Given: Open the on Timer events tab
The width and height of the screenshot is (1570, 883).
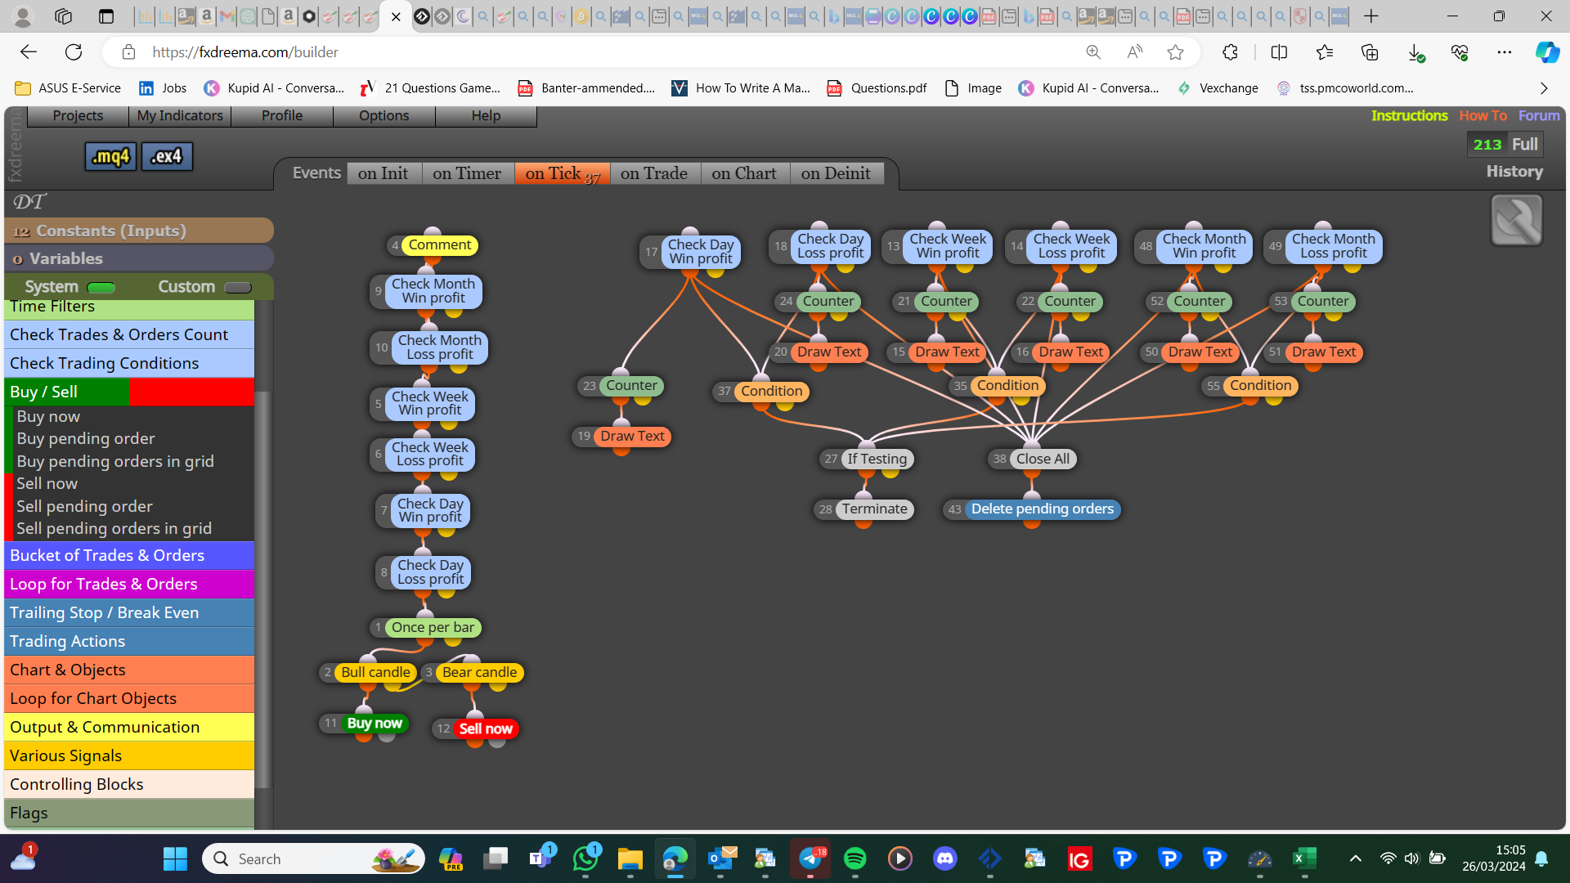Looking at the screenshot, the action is (467, 173).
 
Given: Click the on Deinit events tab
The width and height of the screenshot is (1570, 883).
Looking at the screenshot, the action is (836, 173).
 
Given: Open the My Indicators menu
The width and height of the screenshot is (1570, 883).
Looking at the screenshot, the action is (180, 115).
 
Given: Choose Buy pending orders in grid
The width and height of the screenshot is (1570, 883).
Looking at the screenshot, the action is (115, 461).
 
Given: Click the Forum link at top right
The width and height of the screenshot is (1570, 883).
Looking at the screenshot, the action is (1539, 115).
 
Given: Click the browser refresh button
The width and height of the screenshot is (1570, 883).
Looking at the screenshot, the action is (74, 52).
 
